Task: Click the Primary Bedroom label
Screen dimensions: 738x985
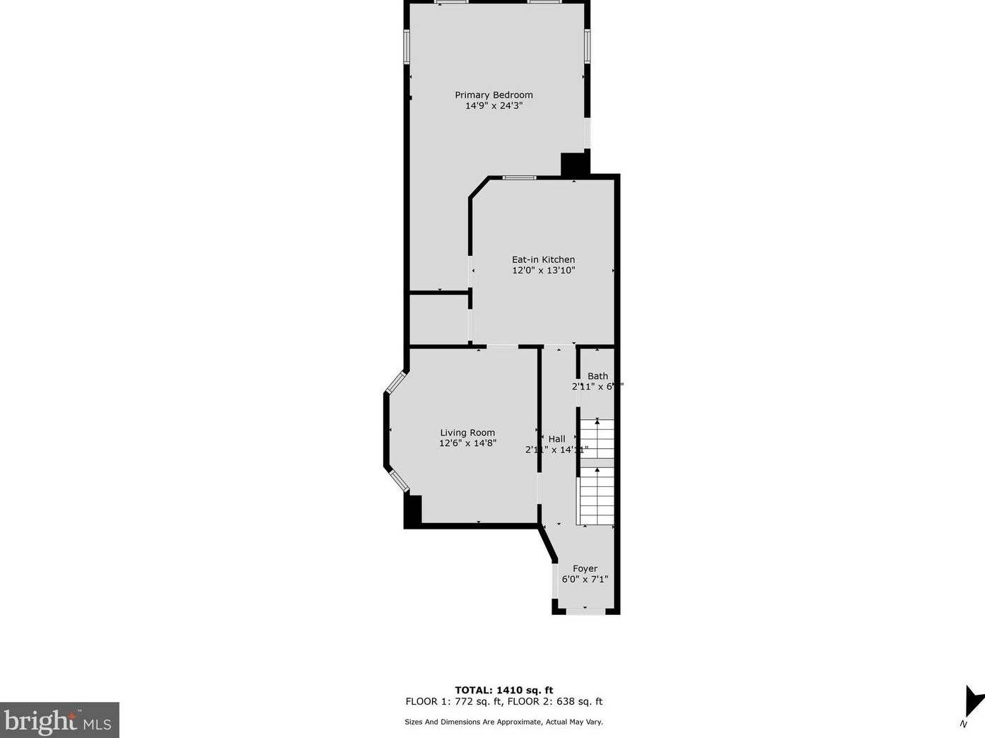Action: (x=494, y=95)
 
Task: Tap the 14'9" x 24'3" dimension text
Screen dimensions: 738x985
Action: (x=494, y=106)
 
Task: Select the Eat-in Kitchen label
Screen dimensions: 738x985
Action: (x=543, y=259)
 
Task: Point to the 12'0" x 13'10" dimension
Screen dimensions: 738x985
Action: (x=543, y=270)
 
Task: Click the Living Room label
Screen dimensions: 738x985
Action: (x=467, y=433)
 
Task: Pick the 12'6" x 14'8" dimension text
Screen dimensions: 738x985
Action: (x=467, y=443)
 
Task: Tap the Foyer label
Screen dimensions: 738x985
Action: (x=585, y=568)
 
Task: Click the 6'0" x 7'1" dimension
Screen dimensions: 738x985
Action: (x=585, y=579)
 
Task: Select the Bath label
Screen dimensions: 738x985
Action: (x=598, y=376)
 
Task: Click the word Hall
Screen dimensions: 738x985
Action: (x=556, y=439)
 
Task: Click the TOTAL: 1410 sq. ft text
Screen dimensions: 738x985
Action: (x=503, y=690)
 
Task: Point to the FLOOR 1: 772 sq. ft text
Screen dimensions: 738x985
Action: (x=453, y=702)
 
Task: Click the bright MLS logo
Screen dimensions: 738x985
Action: (x=59, y=720)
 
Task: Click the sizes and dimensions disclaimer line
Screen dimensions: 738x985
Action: (x=503, y=722)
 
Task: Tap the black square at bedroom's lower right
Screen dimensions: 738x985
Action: (x=573, y=164)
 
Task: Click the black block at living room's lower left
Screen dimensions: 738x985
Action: (x=413, y=510)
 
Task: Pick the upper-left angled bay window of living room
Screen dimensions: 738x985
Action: (x=395, y=382)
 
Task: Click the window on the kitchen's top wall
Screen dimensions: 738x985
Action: (x=519, y=177)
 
